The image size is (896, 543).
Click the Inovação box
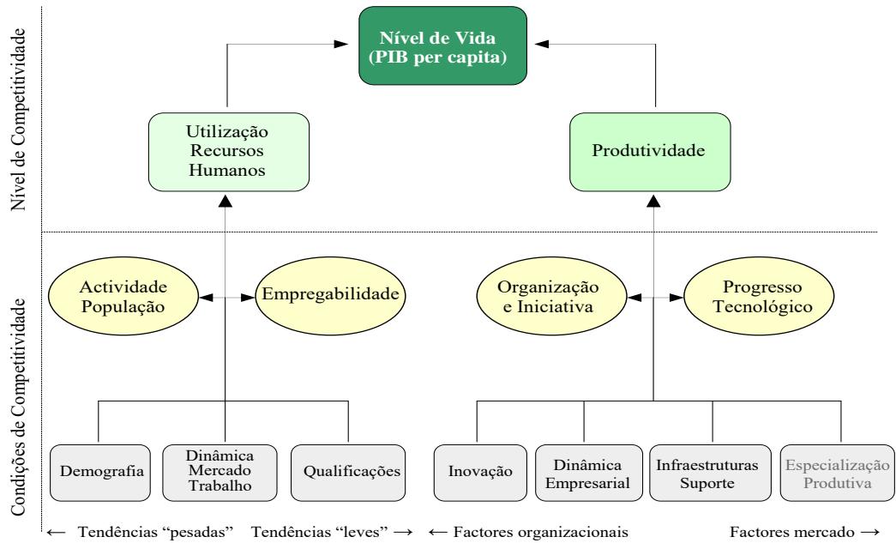point(480,471)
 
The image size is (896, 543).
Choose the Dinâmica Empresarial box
point(584,471)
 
